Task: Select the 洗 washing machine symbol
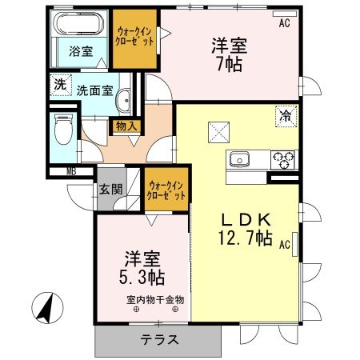click(x=59, y=83)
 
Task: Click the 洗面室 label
click(x=94, y=90)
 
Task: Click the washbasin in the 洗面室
click(x=125, y=102)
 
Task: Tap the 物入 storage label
click(x=126, y=125)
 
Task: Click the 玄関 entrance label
click(x=110, y=190)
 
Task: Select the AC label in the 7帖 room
click(x=284, y=24)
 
